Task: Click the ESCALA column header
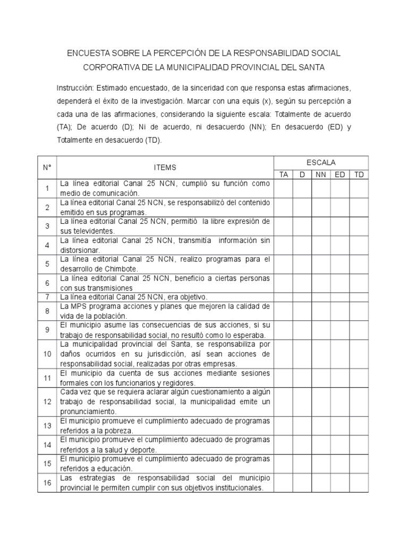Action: click(x=321, y=163)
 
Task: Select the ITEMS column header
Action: click(x=165, y=168)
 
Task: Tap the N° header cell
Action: click(x=47, y=168)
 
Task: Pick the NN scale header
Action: click(x=320, y=174)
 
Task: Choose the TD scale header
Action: click(x=359, y=174)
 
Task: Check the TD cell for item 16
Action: click(x=359, y=483)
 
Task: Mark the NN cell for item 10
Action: click(x=320, y=354)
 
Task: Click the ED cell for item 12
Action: click(x=339, y=401)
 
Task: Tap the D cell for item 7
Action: click(x=302, y=297)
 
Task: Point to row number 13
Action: click(x=47, y=425)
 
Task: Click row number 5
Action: click(x=47, y=264)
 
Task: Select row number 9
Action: click(x=47, y=330)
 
